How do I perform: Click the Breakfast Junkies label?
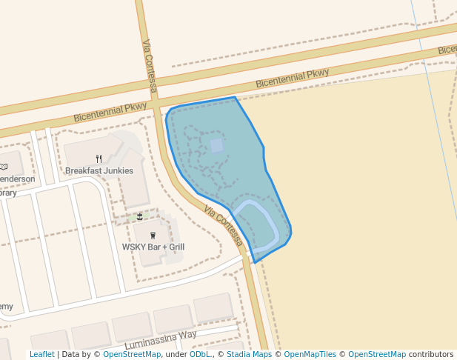(x=99, y=170)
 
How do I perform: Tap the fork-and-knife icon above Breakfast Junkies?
(x=99, y=158)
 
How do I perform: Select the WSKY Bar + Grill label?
(x=153, y=247)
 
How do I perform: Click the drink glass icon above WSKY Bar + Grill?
(x=153, y=235)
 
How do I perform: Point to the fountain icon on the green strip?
(x=139, y=216)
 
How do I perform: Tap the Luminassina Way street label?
(x=161, y=340)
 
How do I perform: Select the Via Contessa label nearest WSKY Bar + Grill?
(x=223, y=227)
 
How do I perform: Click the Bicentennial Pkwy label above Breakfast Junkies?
(x=110, y=111)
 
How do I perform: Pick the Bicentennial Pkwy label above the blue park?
(x=292, y=79)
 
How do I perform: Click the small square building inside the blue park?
(x=216, y=145)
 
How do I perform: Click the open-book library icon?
(x=3, y=167)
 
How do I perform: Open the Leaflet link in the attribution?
(x=41, y=354)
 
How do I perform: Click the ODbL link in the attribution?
(x=199, y=354)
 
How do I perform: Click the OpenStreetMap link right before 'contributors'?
(x=377, y=354)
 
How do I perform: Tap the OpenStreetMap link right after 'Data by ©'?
(x=132, y=354)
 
